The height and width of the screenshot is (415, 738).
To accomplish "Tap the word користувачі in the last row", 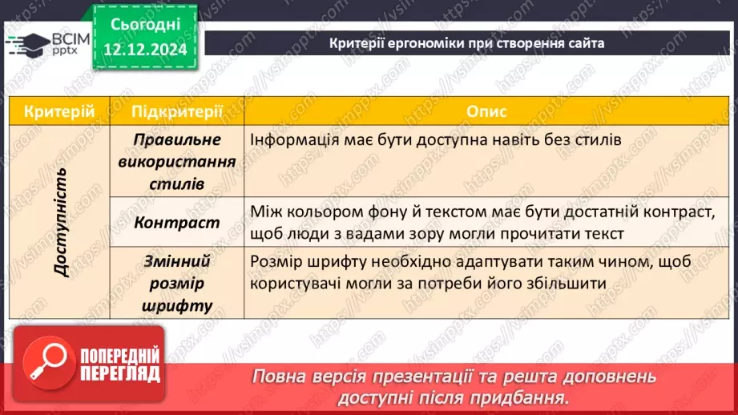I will coord(301,283).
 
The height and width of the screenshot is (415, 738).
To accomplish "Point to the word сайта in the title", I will coord(586,42).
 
